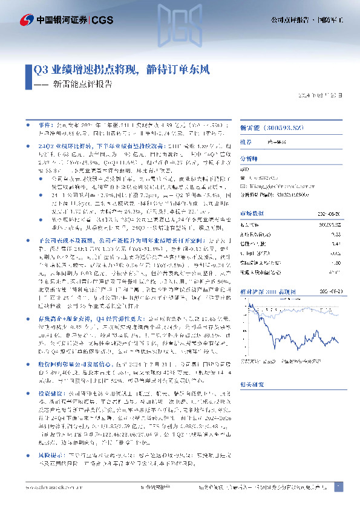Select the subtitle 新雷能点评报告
pos(82,85)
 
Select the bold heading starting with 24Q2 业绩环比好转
pos(85,146)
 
